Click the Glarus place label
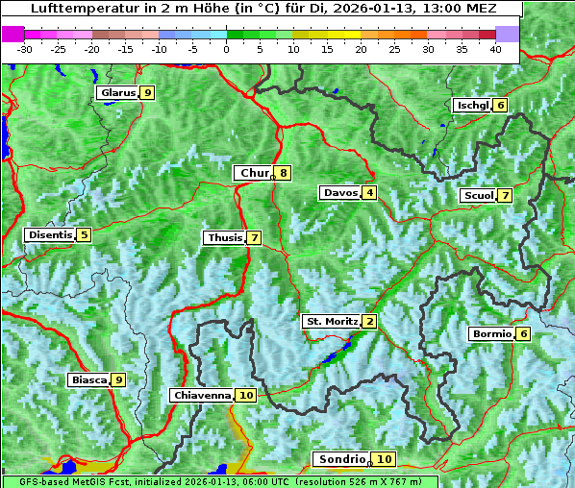(117, 93)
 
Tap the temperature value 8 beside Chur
(284, 173)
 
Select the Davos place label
(340, 193)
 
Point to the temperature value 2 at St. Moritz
(369, 321)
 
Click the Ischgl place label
(472, 105)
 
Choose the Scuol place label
(479, 196)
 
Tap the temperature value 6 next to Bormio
(522, 334)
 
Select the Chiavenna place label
(202, 395)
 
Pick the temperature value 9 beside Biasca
(118, 380)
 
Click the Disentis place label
(49, 234)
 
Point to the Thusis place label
(224, 237)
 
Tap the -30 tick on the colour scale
(24, 49)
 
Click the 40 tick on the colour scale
(495, 49)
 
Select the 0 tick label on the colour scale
(226, 49)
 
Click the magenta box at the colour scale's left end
(12, 34)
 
